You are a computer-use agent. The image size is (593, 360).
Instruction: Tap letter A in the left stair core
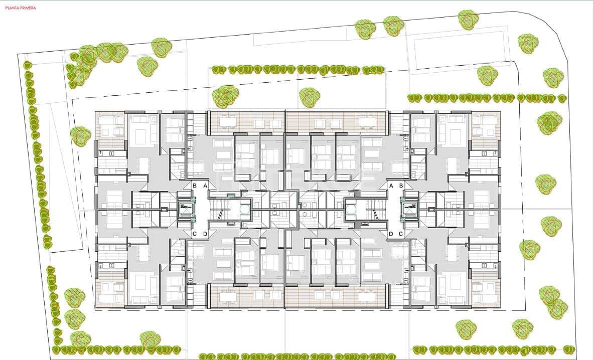(205, 186)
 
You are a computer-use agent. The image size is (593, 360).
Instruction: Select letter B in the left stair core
(195, 186)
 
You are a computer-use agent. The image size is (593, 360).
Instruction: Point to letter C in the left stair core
(195, 234)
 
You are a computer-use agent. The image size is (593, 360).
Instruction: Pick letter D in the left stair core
(205, 234)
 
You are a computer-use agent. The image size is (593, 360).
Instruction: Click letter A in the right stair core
(391, 186)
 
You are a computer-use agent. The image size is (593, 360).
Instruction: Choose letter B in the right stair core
(401, 186)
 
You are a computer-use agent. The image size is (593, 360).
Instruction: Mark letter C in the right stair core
(401, 234)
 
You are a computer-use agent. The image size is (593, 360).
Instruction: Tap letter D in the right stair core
(391, 234)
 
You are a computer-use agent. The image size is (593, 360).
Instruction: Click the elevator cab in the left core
(186, 210)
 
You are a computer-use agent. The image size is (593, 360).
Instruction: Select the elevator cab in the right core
(409, 210)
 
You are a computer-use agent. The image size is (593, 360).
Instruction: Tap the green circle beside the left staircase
(244, 210)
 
